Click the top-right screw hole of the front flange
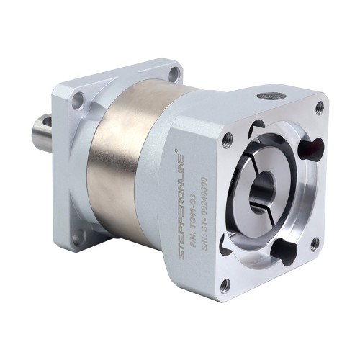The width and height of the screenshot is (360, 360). (319, 108)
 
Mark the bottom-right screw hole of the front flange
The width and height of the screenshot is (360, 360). (315, 246)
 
